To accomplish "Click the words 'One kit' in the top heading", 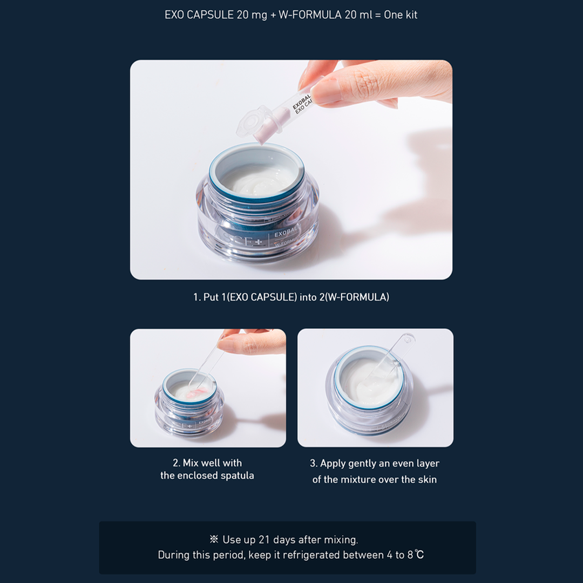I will [x=400, y=15].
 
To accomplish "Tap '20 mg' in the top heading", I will [x=251, y=15].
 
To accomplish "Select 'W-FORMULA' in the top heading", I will [x=310, y=15].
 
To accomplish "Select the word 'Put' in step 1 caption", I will [x=211, y=297].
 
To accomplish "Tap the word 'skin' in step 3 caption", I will [x=427, y=479].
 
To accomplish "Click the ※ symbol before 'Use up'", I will [x=214, y=539].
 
